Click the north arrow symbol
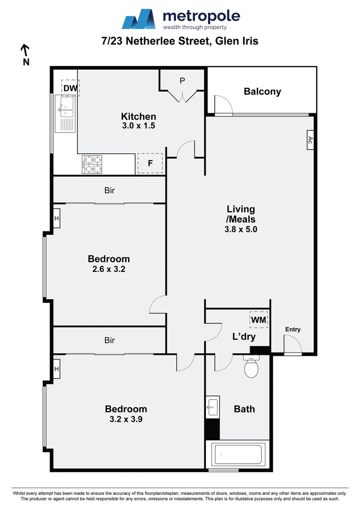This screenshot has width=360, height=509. [x=25, y=49]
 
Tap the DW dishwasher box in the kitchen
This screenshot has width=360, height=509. [x=70, y=88]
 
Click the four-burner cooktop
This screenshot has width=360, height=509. [x=92, y=164]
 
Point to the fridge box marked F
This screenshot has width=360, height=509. [x=150, y=164]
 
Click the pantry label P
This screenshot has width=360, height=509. [x=182, y=81]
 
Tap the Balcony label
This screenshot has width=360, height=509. [x=262, y=91]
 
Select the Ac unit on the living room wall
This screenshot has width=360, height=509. [x=310, y=140]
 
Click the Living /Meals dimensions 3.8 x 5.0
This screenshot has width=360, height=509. [x=241, y=230]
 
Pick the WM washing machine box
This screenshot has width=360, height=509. [x=259, y=320]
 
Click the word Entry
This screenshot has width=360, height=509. [x=293, y=329]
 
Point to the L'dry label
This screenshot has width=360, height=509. [x=244, y=337]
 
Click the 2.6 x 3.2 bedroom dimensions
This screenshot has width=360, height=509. [x=109, y=270]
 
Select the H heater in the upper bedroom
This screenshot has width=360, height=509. [x=57, y=218]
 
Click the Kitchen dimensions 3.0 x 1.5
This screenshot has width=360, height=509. [x=139, y=126]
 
